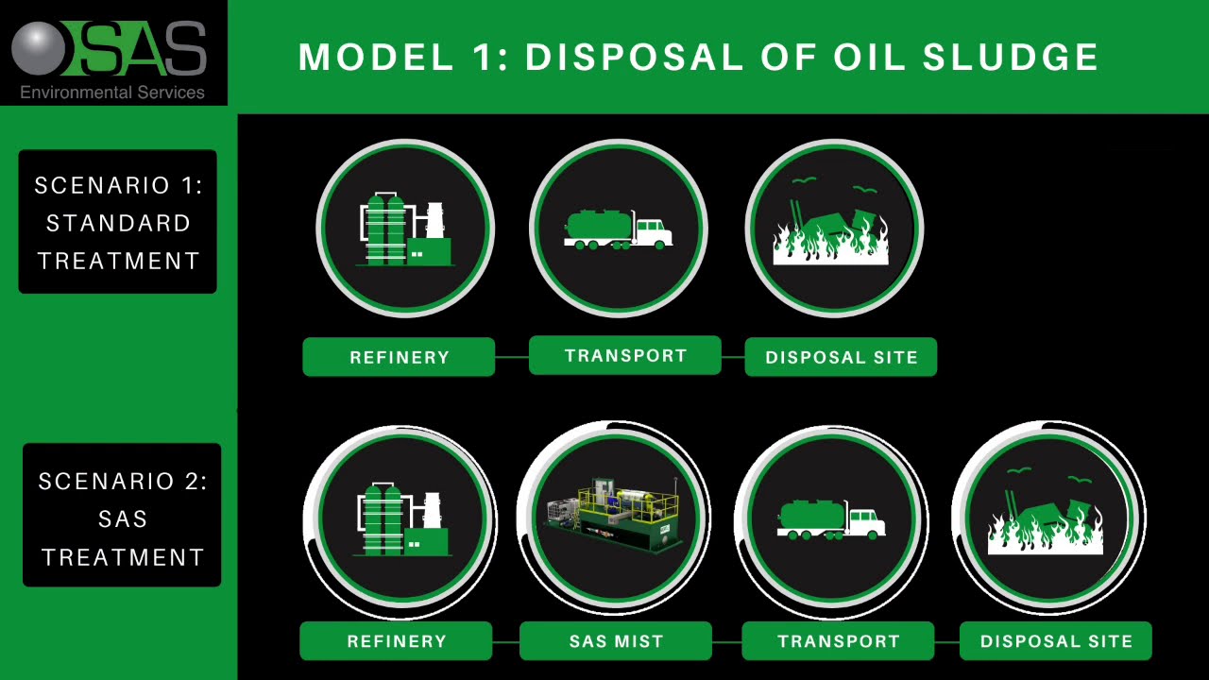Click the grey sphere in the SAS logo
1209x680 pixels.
pos(39,49)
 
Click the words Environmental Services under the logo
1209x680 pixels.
pos(112,93)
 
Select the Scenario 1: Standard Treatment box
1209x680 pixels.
pos(118,223)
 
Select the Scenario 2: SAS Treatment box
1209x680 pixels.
pos(122,518)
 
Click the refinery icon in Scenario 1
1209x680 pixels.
pos(404,229)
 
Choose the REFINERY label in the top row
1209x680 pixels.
pos(399,358)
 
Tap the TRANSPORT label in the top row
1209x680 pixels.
pos(624,356)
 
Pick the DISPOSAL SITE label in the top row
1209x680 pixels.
pos(841,358)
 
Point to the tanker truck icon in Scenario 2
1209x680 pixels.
pos(831,519)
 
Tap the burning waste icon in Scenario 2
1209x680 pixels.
pos(1047,519)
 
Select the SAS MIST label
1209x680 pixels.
pos(616,641)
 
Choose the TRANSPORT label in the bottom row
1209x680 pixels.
pos(838,641)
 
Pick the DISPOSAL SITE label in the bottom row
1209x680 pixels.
pos(1055,641)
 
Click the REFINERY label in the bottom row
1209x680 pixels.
pos(396,641)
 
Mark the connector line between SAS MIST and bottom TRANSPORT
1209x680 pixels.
pos(726,642)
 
